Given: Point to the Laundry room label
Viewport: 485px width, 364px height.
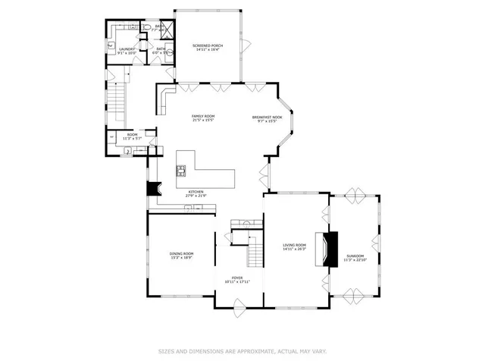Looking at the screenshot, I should pos(126,51).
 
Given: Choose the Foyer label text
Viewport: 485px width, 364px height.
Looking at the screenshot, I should pos(237,280).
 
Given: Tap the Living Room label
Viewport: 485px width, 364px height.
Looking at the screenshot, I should pos(295,246).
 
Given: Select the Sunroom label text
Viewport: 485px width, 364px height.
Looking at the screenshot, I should pos(355,257).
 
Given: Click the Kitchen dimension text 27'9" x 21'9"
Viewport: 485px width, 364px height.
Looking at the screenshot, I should pos(196,196).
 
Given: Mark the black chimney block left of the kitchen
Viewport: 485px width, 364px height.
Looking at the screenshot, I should pos(153,189).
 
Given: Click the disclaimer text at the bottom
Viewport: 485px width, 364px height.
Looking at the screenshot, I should pos(242,351).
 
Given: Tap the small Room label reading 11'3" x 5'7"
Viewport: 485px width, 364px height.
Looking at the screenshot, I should pos(132,137).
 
